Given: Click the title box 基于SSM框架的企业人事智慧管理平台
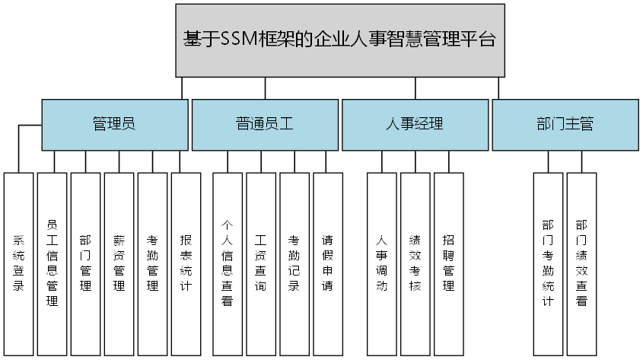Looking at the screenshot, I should pyautogui.click(x=340, y=40).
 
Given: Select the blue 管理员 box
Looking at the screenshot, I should pyautogui.click(x=114, y=124).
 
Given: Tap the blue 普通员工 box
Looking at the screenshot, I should pyautogui.click(x=264, y=124).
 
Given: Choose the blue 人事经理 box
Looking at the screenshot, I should pyautogui.click(x=414, y=124).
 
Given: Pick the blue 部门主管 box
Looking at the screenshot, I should pyautogui.click(x=565, y=124).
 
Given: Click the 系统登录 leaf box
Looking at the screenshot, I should pyautogui.click(x=19, y=263).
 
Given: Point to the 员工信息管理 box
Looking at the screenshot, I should pyautogui.click(x=53, y=263).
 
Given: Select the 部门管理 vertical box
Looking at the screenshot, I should pyautogui.click(x=85, y=263).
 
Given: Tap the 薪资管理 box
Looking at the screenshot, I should pyautogui.click(x=119, y=263).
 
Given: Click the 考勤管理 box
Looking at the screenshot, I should pyautogui.click(x=152, y=263).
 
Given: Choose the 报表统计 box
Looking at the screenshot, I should pyautogui.click(x=186, y=263).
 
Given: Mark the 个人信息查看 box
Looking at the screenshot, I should pyautogui.click(x=227, y=263).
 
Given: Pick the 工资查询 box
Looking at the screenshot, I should pyautogui.click(x=260, y=263).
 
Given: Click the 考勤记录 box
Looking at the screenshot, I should pyautogui.click(x=294, y=263).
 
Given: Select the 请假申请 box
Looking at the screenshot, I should pyautogui.click(x=327, y=263).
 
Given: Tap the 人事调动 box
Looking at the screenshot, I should pyautogui.click(x=382, y=263).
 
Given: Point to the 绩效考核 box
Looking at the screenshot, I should pyautogui.click(x=415, y=263).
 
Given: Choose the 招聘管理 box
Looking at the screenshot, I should pyautogui.click(x=448, y=263).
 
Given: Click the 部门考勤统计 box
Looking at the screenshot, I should pyautogui.click(x=548, y=263).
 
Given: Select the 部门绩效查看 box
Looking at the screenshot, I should pyautogui.click(x=581, y=263).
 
